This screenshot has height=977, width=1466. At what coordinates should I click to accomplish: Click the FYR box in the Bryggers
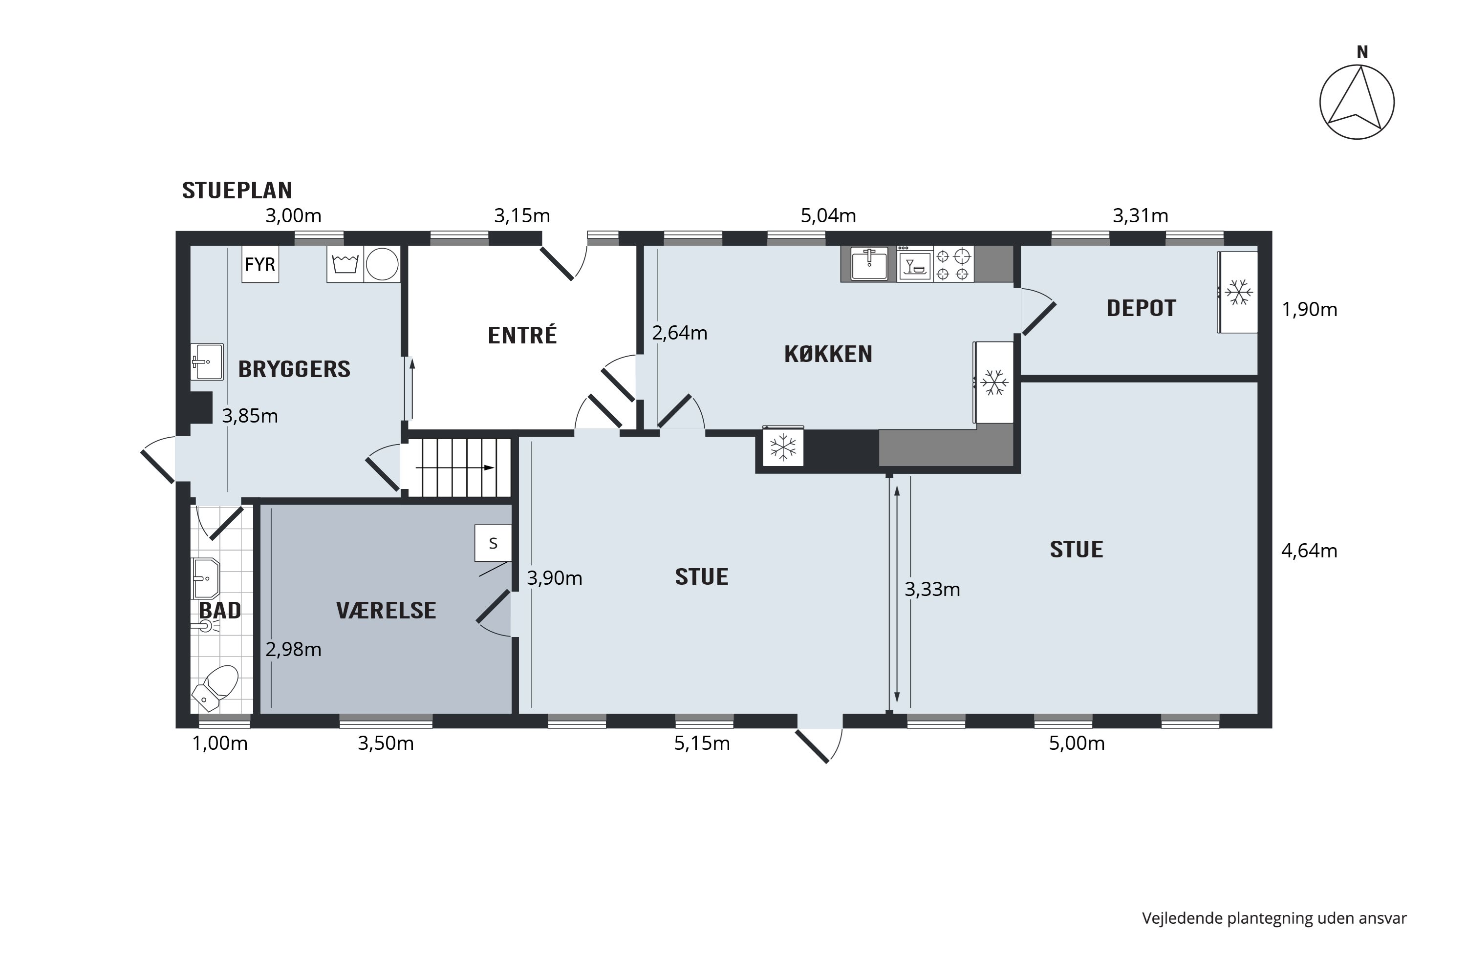click(x=260, y=265)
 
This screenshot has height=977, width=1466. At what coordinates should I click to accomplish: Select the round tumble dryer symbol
click(x=382, y=264)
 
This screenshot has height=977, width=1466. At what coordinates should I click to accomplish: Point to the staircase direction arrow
click(x=455, y=468)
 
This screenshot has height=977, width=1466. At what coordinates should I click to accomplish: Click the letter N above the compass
click(x=1362, y=53)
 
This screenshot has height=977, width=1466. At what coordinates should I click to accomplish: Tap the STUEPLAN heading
click(x=237, y=190)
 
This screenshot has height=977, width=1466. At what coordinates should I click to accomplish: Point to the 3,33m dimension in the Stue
click(x=932, y=590)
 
